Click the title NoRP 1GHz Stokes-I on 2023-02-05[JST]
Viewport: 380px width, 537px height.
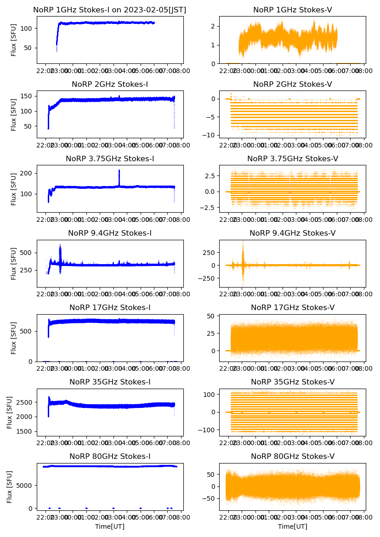(x=110, y=10)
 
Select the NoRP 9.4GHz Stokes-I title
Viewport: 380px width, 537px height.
(x=110, y=233)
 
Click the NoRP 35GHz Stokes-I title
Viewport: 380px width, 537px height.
(x=110, y=382)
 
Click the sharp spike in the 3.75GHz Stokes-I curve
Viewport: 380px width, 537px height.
(x=119, y=171)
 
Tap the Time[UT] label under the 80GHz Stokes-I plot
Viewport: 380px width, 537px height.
(x=110, y=526)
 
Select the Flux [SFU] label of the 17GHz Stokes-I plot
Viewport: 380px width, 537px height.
(x=14, y=338)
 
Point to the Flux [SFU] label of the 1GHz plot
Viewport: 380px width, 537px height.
(x=14, y=40)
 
